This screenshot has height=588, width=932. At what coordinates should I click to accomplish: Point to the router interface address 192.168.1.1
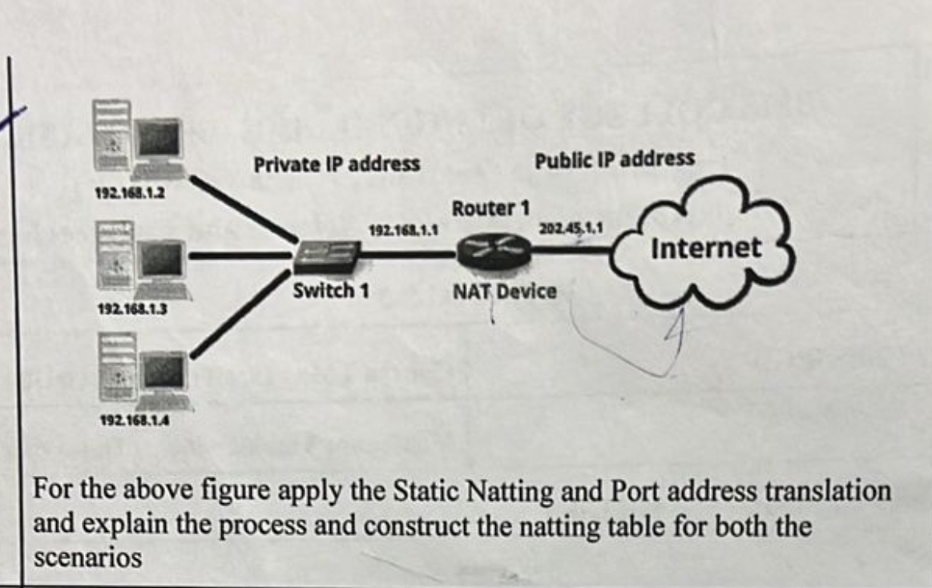pos(403,231)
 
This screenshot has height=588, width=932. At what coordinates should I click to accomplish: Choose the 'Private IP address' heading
pos(337,164)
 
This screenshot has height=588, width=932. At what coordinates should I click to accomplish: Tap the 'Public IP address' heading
pos(615,159)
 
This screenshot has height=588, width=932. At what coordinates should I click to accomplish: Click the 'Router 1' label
pos(490,208)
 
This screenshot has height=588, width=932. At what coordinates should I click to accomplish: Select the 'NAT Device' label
pos(504,291)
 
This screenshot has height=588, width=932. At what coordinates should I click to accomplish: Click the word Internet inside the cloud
pos(706,248)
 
